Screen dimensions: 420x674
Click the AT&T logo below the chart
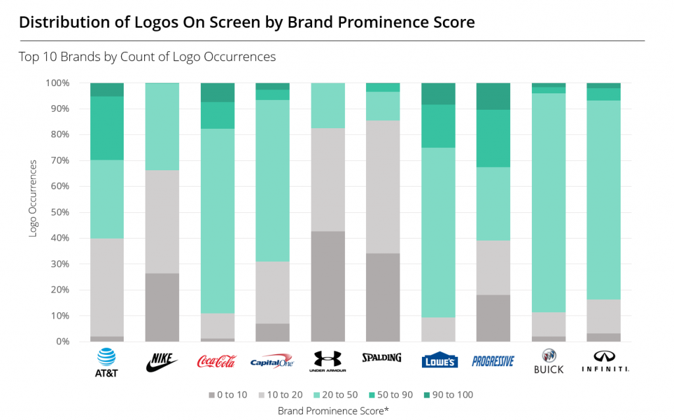[x=106, y=361]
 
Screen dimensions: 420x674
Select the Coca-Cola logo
[x=217, y=361]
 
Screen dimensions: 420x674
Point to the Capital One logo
[x=272, y=361]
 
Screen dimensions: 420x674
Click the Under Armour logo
[x=327, y=360]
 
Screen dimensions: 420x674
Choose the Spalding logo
[x=382, y=358]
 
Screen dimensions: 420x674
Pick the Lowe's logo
[x=438, y=360]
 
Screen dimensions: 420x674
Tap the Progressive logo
[x=493, y=361]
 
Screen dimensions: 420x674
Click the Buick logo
[x=548, y=361]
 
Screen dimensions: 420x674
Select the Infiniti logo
[x=604, y=361]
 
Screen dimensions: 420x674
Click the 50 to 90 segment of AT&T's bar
[x=106, y=128]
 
